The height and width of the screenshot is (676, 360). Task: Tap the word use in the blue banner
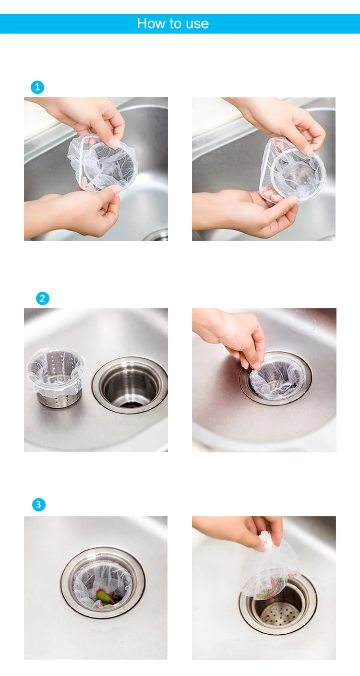(197, 24)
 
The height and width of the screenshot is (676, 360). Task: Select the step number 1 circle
(37, 87)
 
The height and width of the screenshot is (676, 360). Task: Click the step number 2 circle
(43, 298)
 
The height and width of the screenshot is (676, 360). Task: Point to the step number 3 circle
(39, 504)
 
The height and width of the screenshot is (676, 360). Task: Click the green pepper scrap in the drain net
(104, 595)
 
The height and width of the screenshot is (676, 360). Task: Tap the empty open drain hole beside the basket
(131, 385)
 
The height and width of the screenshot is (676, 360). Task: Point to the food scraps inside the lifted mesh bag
(270, 586)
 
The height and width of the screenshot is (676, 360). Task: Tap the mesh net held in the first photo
(102, 163)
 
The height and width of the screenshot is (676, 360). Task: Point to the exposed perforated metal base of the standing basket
(59, 400)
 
